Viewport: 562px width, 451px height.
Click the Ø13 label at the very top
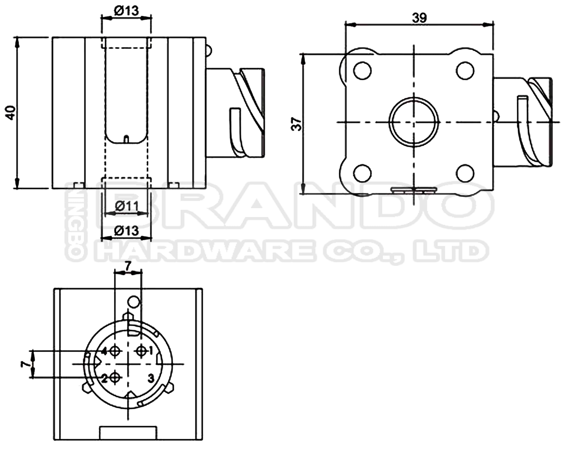[126, 11]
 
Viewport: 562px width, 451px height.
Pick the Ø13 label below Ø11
[126, 231]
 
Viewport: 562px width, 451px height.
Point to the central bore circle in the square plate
[414, 122]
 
